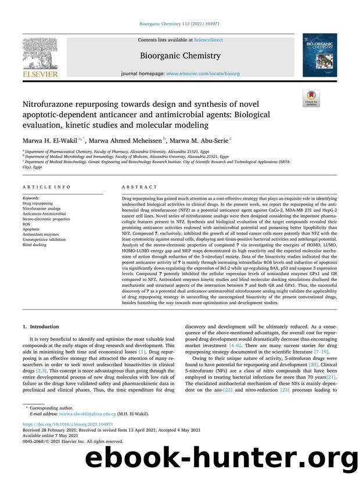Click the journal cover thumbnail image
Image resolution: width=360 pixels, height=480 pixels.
pyautogui.click(x=319, y=55)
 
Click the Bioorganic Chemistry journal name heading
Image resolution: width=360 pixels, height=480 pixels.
pyautogui.click(x=179, y=56)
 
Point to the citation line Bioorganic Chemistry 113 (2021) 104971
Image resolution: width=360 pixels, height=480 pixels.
pyautogui.click(x=179, y=24)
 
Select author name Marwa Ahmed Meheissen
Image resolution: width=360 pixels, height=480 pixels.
pyautogui.click(x=128, y=139)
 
